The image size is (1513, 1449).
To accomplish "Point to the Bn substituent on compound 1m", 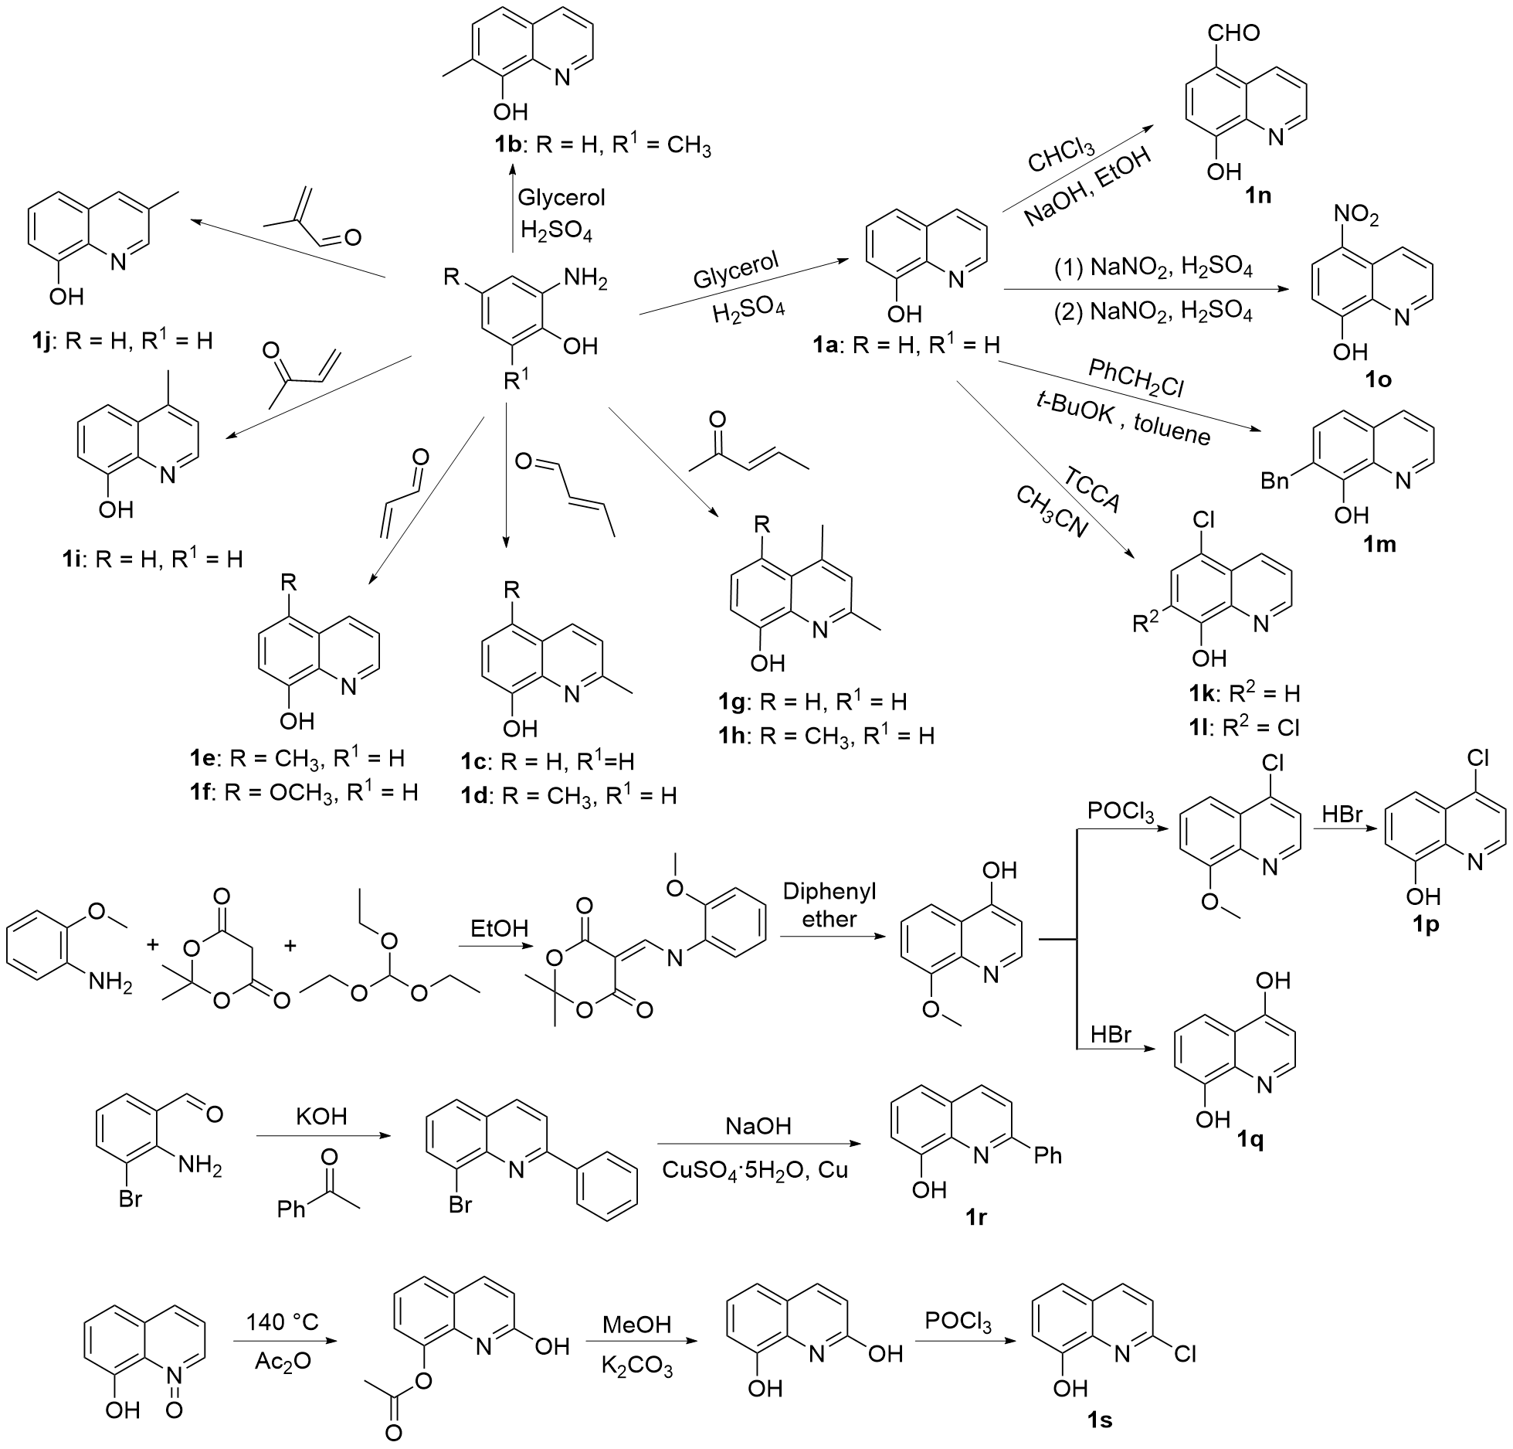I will pyautogui.click(x=1277, y=481).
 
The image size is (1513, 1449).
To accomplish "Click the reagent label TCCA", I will pyautogui.click(x=1091, y=511).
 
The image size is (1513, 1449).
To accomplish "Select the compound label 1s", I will pyautogui.click(x=1097, y=1419).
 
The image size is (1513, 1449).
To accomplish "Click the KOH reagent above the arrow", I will pyautogui.click(x=321, y=1117).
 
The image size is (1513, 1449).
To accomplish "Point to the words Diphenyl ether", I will pyautogui.click(x=830, y=905).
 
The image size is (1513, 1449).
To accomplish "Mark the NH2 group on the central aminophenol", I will pyautogui.click(x=587, y=278).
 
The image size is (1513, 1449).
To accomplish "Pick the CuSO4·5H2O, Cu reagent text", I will pyautogui.click(x=755, y=1170).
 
